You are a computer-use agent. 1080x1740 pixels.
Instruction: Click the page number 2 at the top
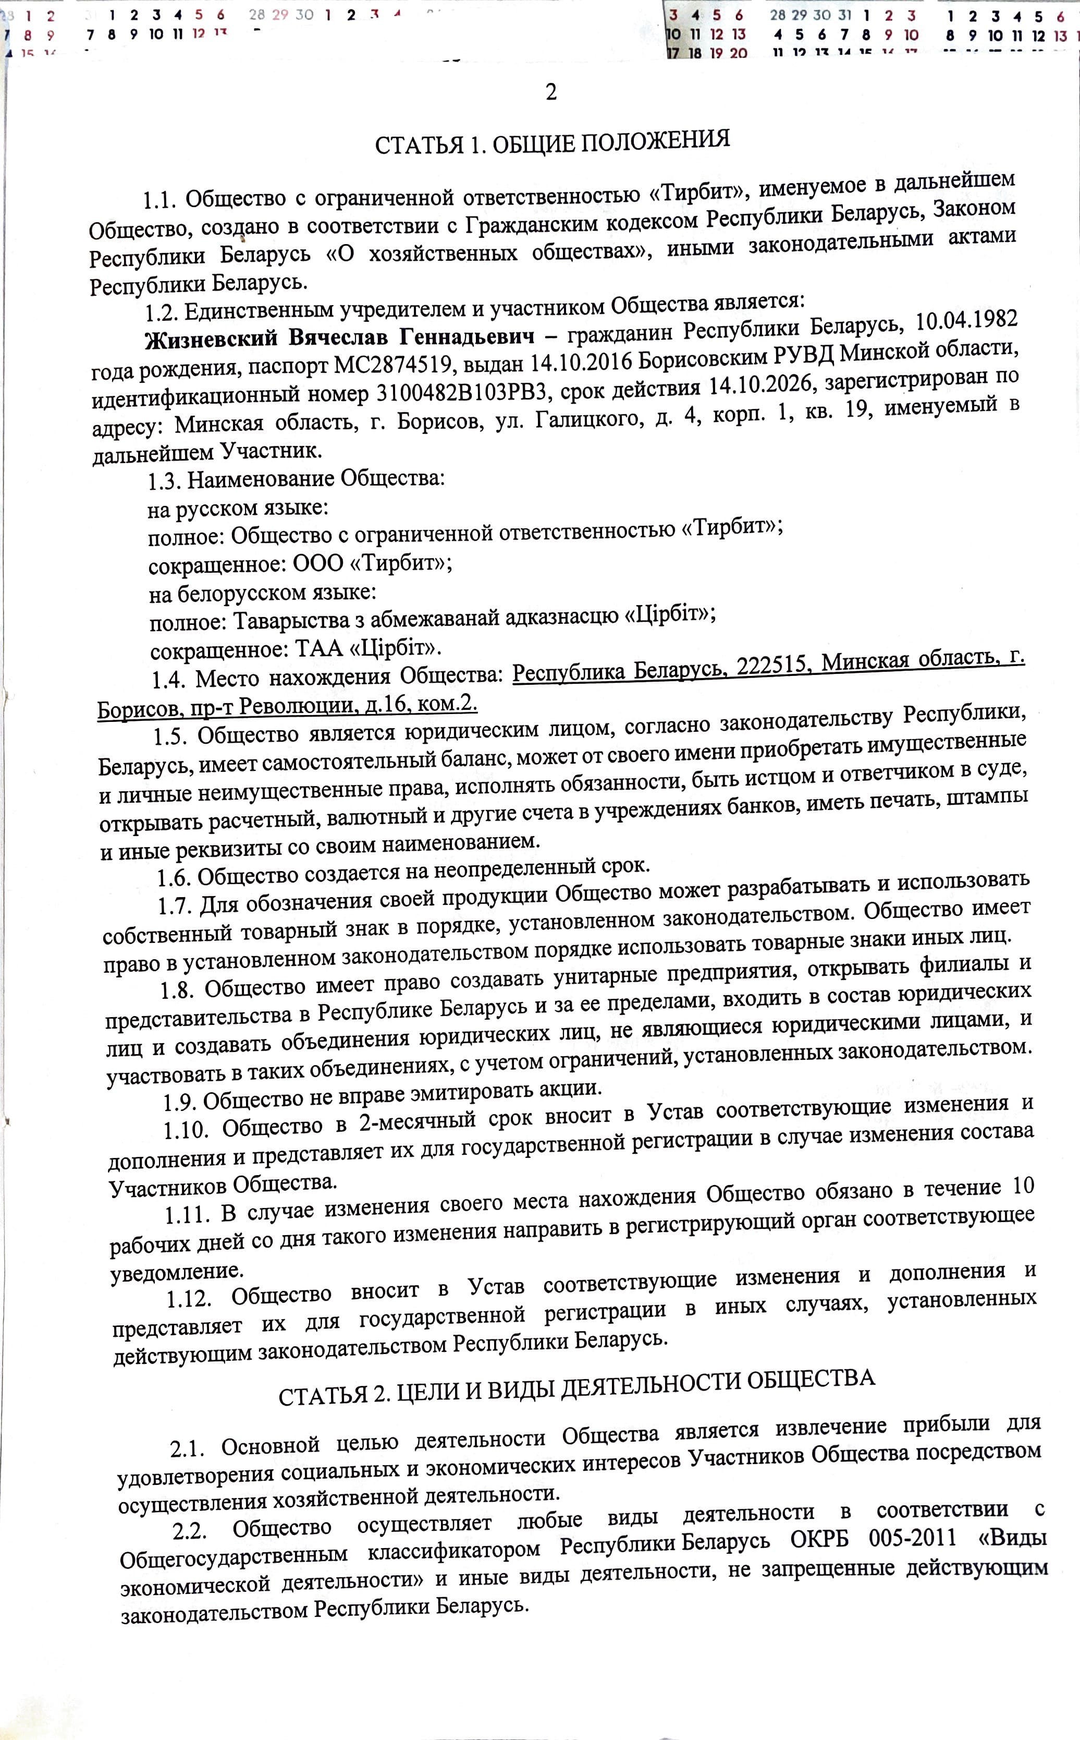click(x=551, y=92)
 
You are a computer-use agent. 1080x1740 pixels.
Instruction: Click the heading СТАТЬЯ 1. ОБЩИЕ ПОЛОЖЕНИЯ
click(x=552, y=141)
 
